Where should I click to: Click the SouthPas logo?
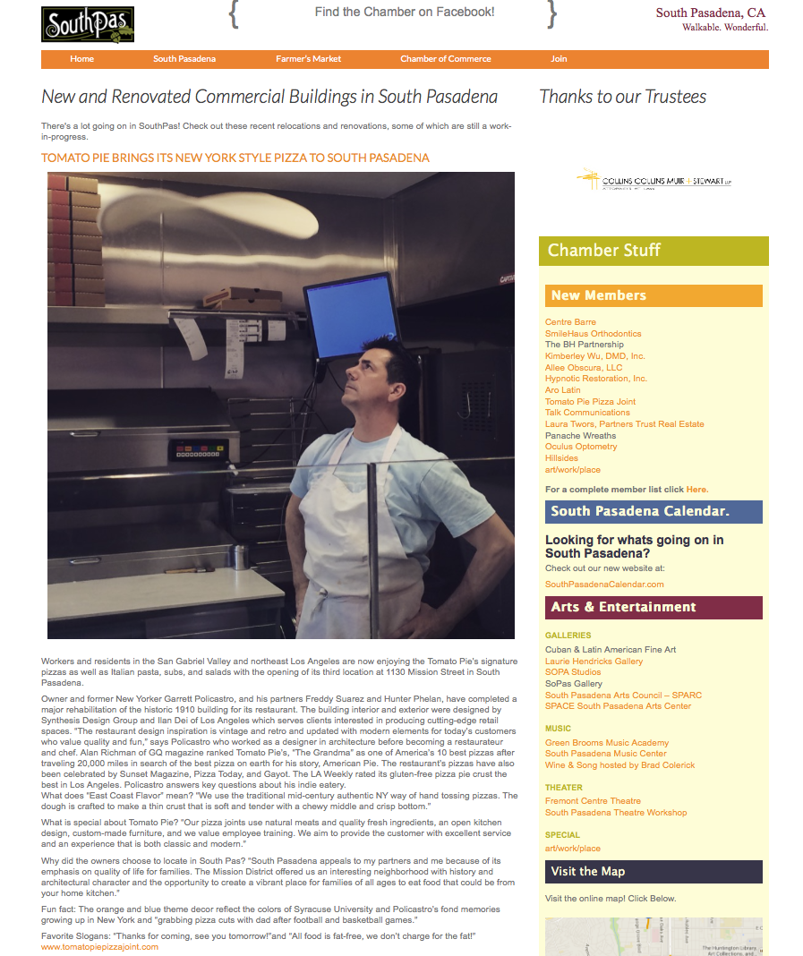point(88,24)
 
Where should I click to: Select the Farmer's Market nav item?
point(308,59)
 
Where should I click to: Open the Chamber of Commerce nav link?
point(445,59)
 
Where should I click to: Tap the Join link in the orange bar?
point(559,59)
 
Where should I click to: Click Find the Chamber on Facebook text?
point(405,13)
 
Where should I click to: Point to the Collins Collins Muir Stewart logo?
point(654,180)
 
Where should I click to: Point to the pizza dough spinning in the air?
point(209,216)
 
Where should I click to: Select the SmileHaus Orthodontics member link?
point(593,333)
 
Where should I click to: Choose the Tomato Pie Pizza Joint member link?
point(590,402)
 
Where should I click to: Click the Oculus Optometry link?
point(581,447)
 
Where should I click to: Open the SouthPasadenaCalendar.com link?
point(604,585)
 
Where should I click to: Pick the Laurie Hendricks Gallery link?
point(594,662)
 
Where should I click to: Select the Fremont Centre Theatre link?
point(593,801)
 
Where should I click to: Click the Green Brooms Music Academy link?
point(607,743)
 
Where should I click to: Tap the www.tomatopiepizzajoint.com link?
point(99,947)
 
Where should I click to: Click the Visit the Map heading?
point(588,872)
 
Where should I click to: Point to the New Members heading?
point(599,295)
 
